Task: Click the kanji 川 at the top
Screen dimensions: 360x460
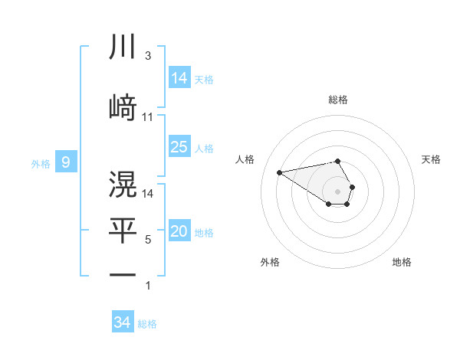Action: pos(123,47)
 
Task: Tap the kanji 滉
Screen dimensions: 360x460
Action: pos(123,185)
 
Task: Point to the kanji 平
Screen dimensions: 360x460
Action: pos(123,231)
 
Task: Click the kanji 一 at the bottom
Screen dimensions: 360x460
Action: pos(123,274)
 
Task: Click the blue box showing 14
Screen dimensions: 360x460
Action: pos(179,77)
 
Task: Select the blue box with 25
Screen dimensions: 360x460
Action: pos(179,147)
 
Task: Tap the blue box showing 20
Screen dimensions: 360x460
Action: pos(179,232)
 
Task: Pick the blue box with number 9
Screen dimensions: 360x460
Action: pos(66,162)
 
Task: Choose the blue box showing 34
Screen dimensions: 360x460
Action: pos(123,322)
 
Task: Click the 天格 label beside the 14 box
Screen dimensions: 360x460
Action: pos(204,79)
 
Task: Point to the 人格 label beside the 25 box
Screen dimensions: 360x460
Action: pos(204,148)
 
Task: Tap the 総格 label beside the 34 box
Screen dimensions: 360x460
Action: pos(147,324)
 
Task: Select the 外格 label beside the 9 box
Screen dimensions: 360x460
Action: pos(40,163)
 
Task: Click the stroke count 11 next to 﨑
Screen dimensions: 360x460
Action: pos(148,116)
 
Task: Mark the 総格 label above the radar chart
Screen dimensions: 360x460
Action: pos(338,100)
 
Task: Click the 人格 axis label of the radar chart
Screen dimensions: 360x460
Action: pos(245,159)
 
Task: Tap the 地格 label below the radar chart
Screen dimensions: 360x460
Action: pos(402,262)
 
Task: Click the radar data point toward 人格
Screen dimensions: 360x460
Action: pos(280,172)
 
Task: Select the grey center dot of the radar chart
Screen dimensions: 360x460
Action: pos(338,191)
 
